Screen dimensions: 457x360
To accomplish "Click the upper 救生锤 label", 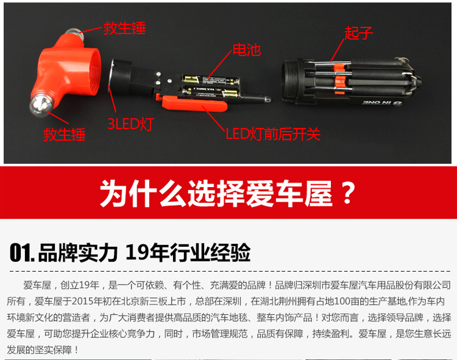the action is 124,28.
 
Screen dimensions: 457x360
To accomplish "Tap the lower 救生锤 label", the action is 64,135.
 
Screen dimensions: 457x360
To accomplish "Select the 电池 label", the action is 247,50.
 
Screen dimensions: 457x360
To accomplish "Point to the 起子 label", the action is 358,33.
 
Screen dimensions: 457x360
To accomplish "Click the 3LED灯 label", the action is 130,124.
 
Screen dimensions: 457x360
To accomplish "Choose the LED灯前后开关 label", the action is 273,134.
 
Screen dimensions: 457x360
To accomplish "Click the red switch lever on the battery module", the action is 194,104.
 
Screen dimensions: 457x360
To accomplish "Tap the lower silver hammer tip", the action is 40,105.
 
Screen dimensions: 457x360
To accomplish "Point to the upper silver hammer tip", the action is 75,34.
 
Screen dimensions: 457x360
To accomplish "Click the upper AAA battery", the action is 210,80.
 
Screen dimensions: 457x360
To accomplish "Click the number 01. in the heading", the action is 22,253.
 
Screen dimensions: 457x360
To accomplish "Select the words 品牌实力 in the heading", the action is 78,253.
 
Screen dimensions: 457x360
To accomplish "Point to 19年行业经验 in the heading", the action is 188,253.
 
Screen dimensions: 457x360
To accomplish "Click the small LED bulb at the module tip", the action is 267,100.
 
